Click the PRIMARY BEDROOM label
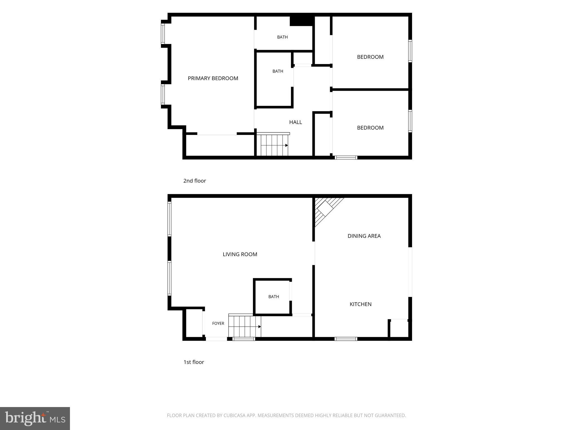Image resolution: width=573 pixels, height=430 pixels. click(x=213, y=78)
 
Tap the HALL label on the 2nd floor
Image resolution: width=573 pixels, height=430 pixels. click(x=295, y=122)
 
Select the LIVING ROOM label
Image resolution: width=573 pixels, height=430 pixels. click(x=240, y=254)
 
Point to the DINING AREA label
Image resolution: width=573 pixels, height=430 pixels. click(x=364, y=236)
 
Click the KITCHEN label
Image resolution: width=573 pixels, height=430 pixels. click(x=360, y=304)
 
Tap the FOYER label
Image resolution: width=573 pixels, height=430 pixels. click(x=218, y=323)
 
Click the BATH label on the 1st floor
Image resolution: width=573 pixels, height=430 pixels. click(x=274, y=297)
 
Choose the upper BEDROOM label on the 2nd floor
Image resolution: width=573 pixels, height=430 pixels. click(x=370, y=57)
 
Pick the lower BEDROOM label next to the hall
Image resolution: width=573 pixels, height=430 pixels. click(x=370, y=128)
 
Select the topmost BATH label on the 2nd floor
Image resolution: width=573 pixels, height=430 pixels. click(x=282, y=37)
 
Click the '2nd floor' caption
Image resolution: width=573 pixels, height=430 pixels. click(x=194, y=181)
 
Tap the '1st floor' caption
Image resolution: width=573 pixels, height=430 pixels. click(x=194, y=362)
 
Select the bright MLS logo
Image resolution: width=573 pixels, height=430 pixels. click(x=35, y=419)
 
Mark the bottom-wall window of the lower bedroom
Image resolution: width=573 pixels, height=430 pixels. click(x=346, y=158)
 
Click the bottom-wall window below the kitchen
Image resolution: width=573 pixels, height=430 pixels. click(x=346, y=339)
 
